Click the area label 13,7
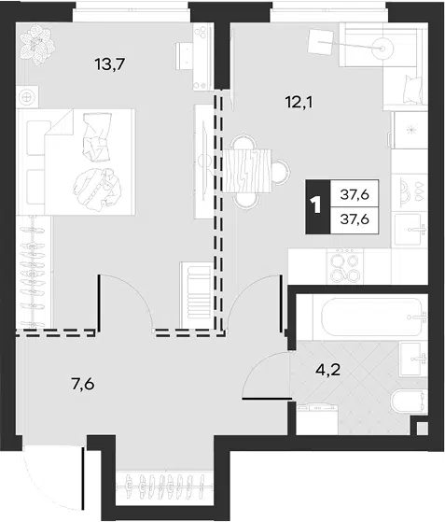tap(109, 64)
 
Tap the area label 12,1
tap(299, 102)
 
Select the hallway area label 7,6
tap(82, 384)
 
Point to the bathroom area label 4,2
tap(328, 369)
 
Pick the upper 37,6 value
tap(355, 193)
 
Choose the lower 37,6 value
tap(355, 219)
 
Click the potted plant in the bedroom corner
tap(36, 44)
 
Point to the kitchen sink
tap(410, 230)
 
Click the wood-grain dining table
tap(249, 171)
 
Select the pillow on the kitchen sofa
tap(414, 90)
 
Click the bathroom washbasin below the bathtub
tap(413, 360)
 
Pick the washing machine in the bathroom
tap(317, 419)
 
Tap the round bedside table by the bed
tap(27, 96)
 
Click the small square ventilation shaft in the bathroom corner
tap(422, 428)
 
